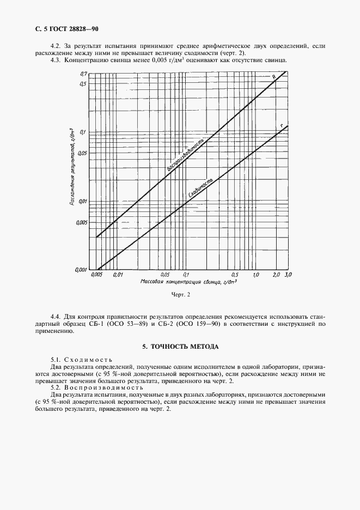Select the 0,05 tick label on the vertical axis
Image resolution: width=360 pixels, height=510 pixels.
(x=82, y=153)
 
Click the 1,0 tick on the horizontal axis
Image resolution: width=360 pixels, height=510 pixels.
(x=255, y=275)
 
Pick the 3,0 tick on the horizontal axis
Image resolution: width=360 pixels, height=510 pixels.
(x=288, y=275)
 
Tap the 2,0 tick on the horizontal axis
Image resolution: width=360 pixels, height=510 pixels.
(x=276, y=275)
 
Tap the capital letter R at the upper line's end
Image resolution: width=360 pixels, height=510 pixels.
(x=274, y=77)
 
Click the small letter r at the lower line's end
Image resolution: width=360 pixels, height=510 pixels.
(x=281, y=126)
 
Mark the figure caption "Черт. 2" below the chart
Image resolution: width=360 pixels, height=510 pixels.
(x=180, y=295)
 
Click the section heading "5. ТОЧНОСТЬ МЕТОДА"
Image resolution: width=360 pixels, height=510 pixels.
(x=180, y=346)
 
